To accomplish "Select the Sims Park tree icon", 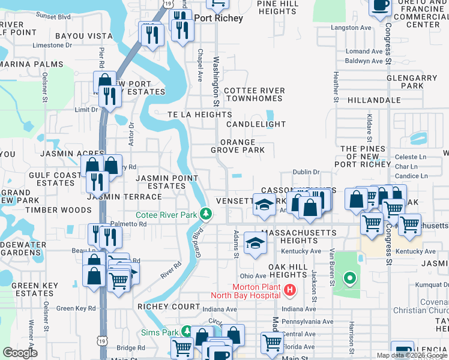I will click(x=187, y=332).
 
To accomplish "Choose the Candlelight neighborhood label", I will click(x=256, y=124).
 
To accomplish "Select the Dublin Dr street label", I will click(x=306, y=172).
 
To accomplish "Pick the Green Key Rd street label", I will click(x=76, y=308).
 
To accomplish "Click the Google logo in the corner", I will click(x=19, y=352).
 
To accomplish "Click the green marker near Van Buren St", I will click(x=349, y=278).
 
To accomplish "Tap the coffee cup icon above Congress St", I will click(x=379, y=6).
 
